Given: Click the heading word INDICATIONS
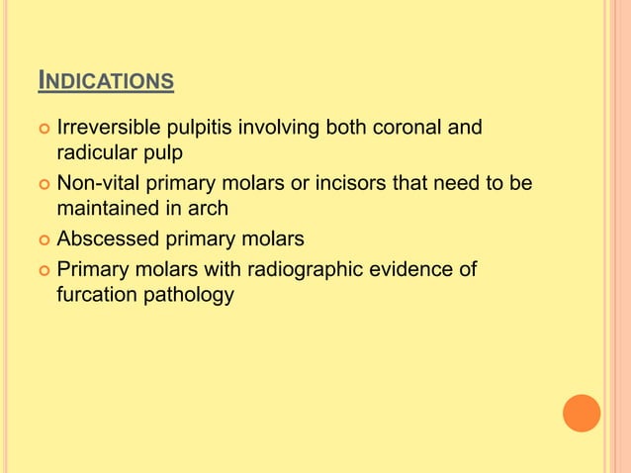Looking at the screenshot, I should click(106, 80).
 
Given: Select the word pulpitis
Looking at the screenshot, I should click(197, 129).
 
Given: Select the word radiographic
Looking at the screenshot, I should click(304, 267).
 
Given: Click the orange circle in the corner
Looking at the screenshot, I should click(581, 413).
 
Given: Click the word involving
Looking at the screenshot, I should click(278, 129).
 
